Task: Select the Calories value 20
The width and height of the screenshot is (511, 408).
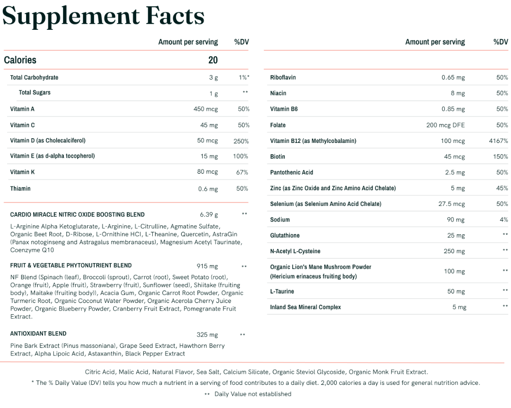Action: (213, 60)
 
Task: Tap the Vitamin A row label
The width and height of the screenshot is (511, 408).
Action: (22, 109)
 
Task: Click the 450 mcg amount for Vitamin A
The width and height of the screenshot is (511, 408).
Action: (206, 109)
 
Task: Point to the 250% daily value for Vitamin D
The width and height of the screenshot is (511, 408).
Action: (241, 141)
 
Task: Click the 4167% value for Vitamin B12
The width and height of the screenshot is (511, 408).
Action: (499, 141)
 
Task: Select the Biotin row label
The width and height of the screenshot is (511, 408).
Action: (278, 156)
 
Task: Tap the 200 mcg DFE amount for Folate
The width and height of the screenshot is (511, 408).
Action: (445, 125)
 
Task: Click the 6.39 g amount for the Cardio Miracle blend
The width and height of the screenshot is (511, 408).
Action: (209, 214)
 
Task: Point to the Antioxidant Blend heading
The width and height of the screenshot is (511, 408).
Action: (38, 334)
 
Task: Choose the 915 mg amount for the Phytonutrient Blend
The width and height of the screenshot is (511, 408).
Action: (207, 266)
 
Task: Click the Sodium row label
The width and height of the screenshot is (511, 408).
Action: (280, 220)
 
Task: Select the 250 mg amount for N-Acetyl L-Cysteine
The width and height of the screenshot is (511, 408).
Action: (454, 251)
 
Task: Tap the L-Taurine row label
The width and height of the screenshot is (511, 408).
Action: (282, 291)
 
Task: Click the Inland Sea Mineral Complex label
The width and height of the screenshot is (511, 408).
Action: (305, 307)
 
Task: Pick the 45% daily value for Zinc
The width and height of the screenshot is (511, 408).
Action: (502, 188)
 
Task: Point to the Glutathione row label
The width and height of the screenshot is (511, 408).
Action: (285, 235)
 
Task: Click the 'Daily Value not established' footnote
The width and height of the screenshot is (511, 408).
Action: (253, 394)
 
